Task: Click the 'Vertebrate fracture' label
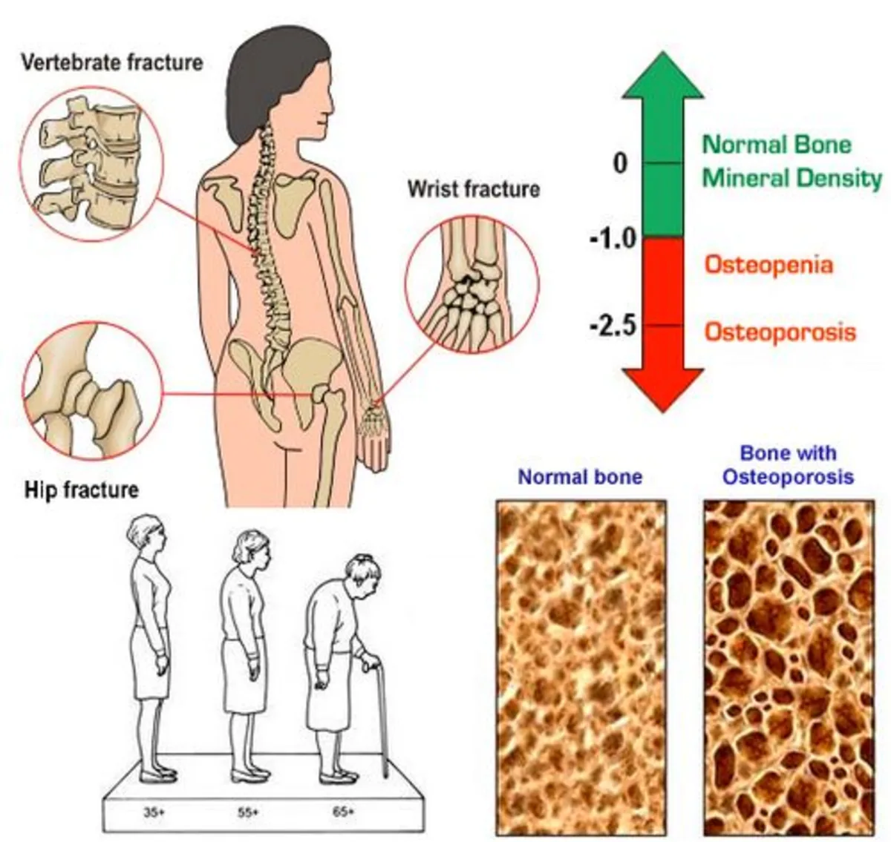(x=111, y=62)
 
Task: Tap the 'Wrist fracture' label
(x=473, y=189)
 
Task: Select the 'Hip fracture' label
(x=82, y=490)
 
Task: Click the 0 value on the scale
(x=621, y=162)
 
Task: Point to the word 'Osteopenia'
(x=768, y=265)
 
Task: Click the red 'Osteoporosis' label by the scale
(x=780, y=331)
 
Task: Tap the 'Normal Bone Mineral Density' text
(x=791, y=161)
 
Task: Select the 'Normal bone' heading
(x=580, y=476)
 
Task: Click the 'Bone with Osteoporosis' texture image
(x=789, y=668)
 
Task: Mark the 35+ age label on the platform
(x=153, y=812)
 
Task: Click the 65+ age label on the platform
(x=343, y=812)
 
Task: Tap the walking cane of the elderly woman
(x=382, y=712)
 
